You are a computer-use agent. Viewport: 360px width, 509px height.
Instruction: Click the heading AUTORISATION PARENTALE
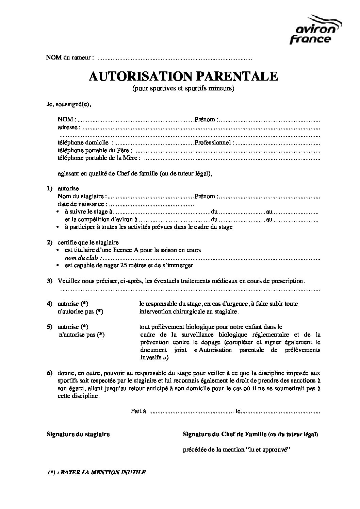coord(183,76)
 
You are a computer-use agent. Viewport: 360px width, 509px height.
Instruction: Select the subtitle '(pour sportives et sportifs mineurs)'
coord(183,89)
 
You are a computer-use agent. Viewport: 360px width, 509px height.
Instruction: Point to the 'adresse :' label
coord(69,127)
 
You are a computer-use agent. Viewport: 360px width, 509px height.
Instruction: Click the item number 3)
coord(50,281)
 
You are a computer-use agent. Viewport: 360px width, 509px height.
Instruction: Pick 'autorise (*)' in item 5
coord(73,327)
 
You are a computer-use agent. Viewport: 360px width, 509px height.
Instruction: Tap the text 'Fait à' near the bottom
coord(138,411)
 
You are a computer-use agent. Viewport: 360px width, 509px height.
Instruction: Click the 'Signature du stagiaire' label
coord(78,434)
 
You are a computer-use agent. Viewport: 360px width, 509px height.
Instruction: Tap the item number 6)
coord(50,373)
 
